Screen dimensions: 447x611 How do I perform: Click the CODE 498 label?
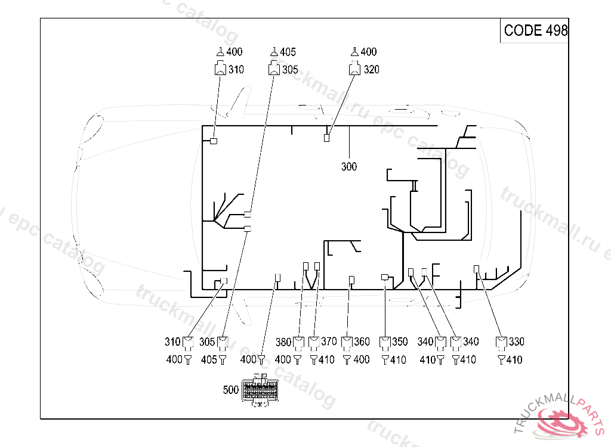click(x=535, y=30)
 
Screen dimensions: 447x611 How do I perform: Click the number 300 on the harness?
click(x=349, y=166)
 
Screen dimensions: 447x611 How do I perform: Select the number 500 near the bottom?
click(x=231, y=390)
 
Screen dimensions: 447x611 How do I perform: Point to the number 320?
click(x=371, y=70)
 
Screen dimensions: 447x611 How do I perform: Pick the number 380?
click(x=283, y=342)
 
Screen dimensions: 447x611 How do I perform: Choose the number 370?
click(x=329, y=342)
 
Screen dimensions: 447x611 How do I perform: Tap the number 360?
click(x=362, y=342)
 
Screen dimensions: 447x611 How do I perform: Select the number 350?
click(x=400, y=342)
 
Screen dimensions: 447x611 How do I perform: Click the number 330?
click(x=516, y=342)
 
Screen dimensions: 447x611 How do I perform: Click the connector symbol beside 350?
click(x=385, y=343)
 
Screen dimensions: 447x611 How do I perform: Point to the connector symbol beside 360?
click(x=347, y=343)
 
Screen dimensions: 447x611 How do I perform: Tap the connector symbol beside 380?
click(x=298, y=343)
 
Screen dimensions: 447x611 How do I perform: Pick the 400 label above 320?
click(x=369, y=52)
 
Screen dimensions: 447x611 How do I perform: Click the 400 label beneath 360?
click(x=362, y=359)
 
